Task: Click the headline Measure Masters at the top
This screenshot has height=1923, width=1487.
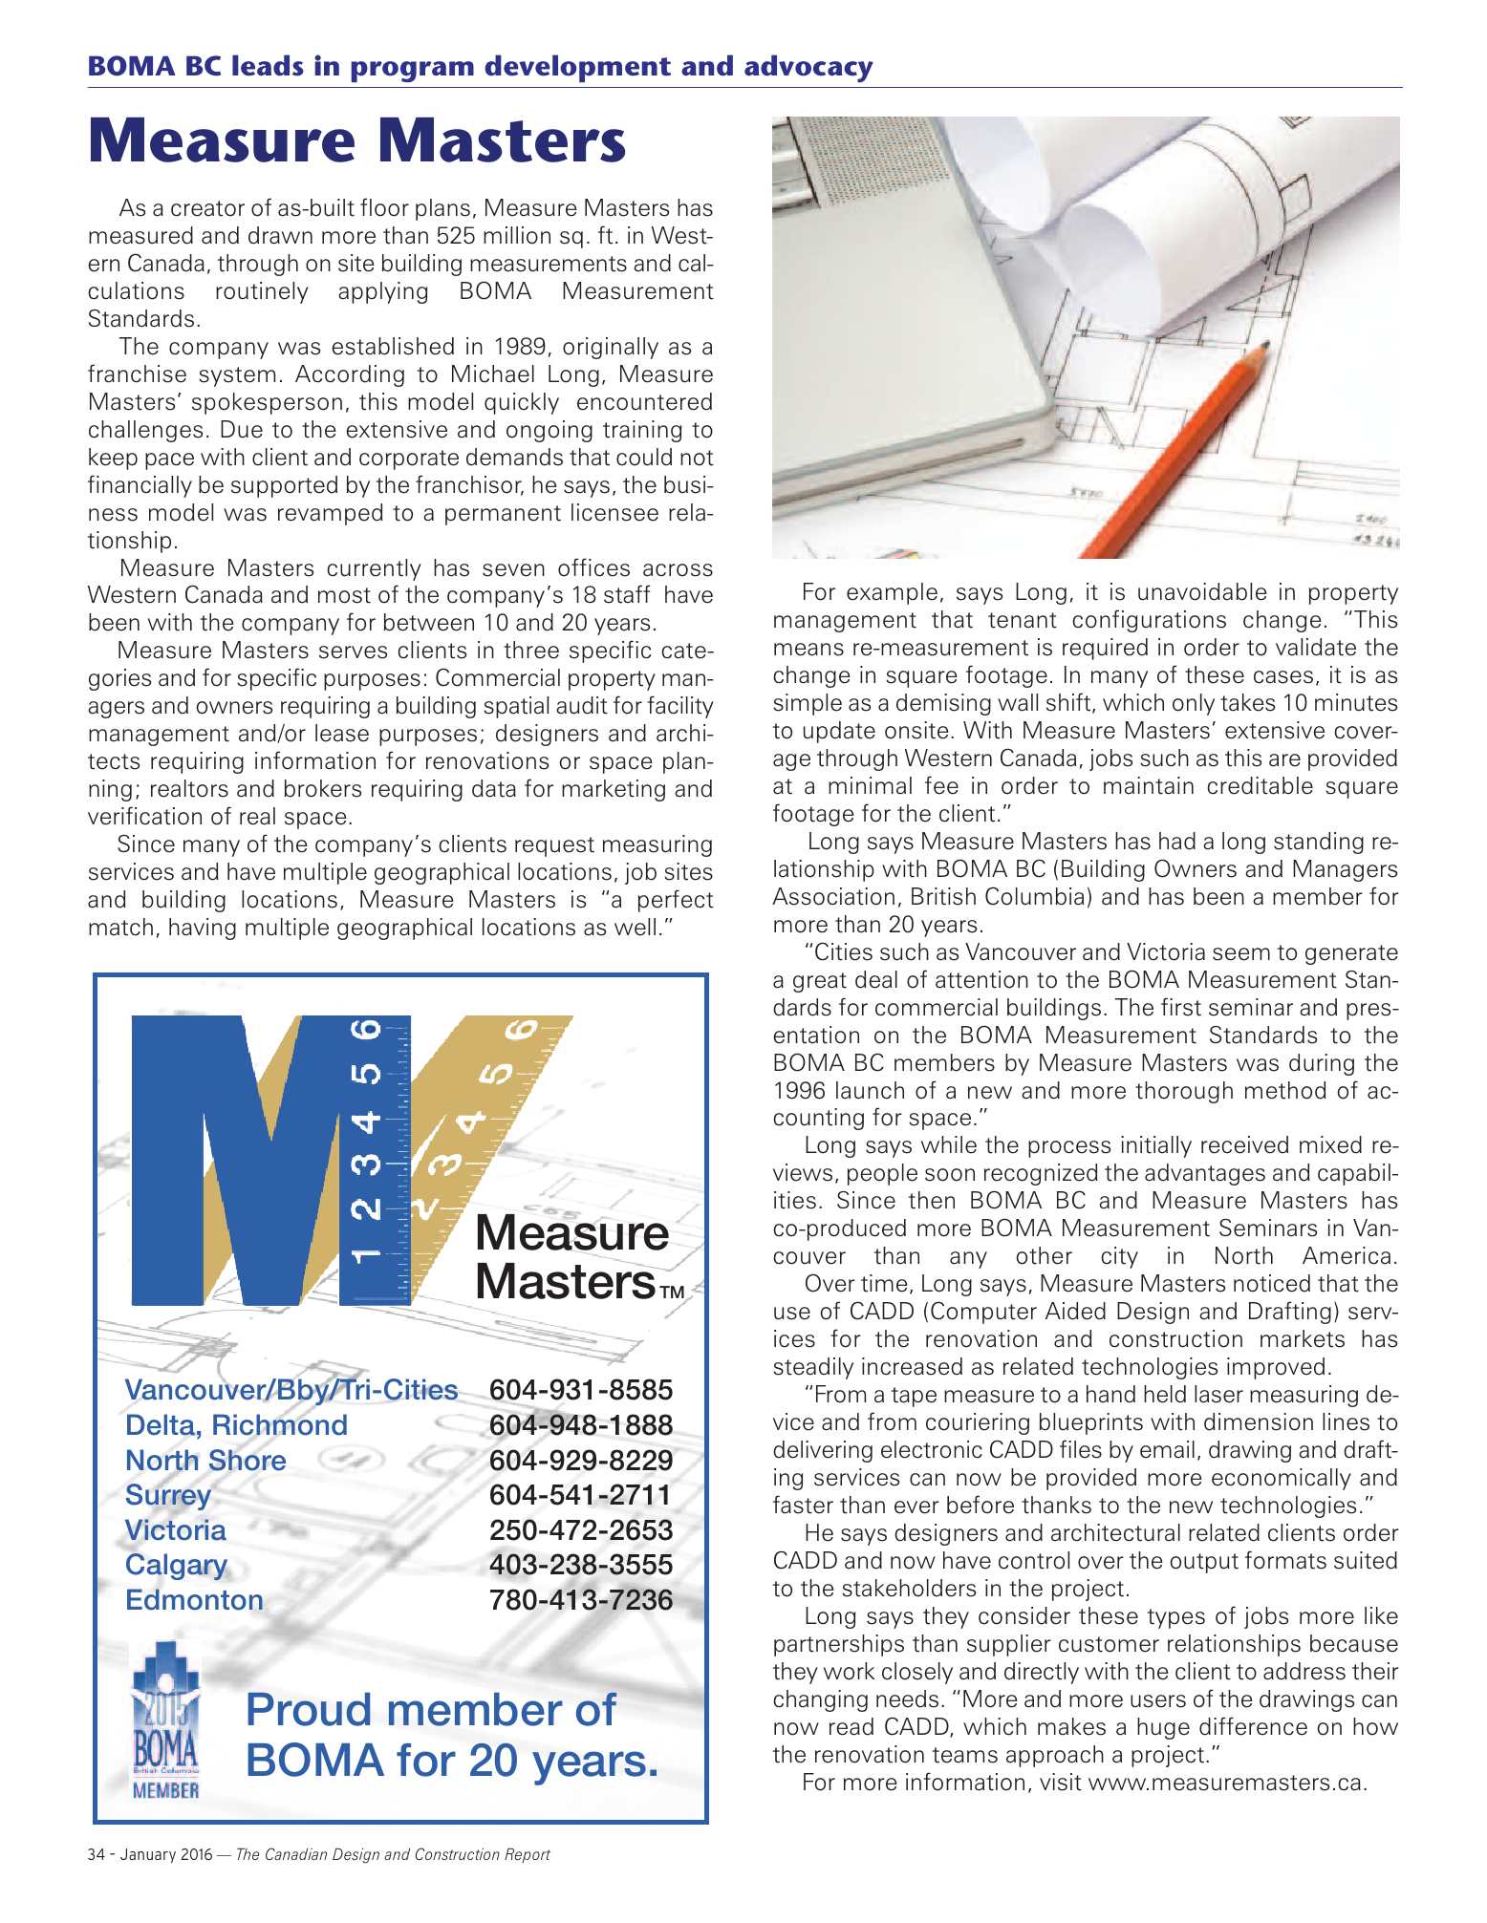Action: tap(356, 140)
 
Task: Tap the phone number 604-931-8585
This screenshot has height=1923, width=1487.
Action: tap(581, 1390)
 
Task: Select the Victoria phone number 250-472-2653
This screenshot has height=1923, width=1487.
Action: tap(581, 1530)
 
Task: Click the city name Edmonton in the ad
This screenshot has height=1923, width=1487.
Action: tap(194, 1600)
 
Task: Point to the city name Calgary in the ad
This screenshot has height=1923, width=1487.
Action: tap(176, 1565)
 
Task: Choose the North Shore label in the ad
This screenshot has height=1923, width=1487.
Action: tap(205, 1461)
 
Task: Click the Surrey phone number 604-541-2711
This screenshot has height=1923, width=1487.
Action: tap(581, 1495)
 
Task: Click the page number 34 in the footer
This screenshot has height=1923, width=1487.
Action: tap(96, 1855)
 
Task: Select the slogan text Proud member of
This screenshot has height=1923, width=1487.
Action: tap(430, 1710)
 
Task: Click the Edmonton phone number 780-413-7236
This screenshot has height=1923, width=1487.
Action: tap(581, 1600)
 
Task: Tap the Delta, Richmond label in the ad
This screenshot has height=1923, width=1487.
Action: tap(236, 1425)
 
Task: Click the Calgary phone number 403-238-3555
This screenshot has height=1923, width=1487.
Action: tap(581, 1565)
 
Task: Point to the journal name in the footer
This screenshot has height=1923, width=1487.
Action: tap(393, 1855)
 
